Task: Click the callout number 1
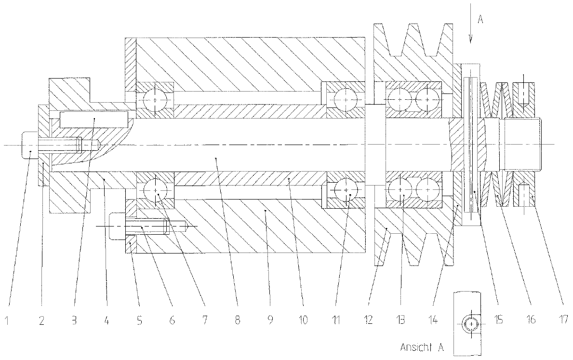tap(8, 319)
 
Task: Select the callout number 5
tap(140, 319)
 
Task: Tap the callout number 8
tap(237, 319)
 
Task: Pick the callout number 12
tap(368, 319)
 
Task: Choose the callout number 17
tap(562, 319)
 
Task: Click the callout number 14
tap(434, 319)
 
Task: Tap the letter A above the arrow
tap(480, 19)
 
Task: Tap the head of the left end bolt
tap(30, 145)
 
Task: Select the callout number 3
tap(74, 319)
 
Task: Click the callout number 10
tap(302, 319)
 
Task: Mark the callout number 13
tap(401, 319)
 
